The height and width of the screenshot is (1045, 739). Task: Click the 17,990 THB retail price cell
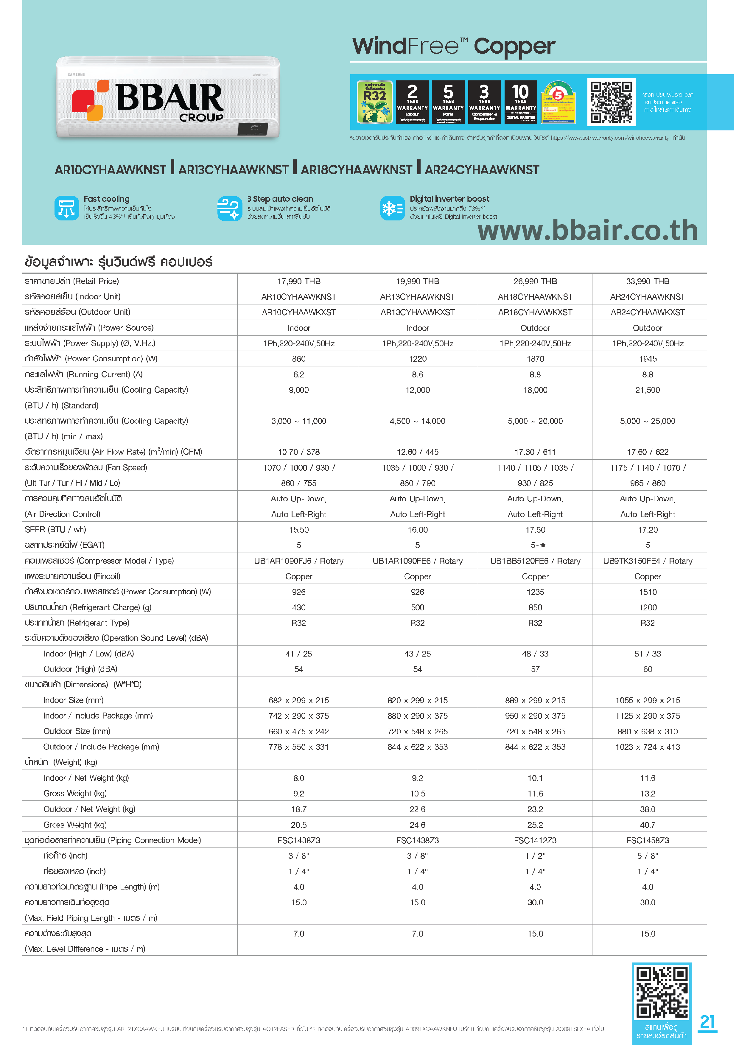298,281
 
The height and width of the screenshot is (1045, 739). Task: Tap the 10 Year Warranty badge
521,102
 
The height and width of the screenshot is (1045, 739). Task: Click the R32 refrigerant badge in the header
374,102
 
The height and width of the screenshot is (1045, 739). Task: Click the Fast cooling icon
66,208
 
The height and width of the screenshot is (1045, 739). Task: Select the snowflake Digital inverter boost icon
392,208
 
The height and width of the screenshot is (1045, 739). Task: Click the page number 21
707,1022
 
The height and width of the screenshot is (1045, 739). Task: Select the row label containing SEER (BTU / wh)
55,529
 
